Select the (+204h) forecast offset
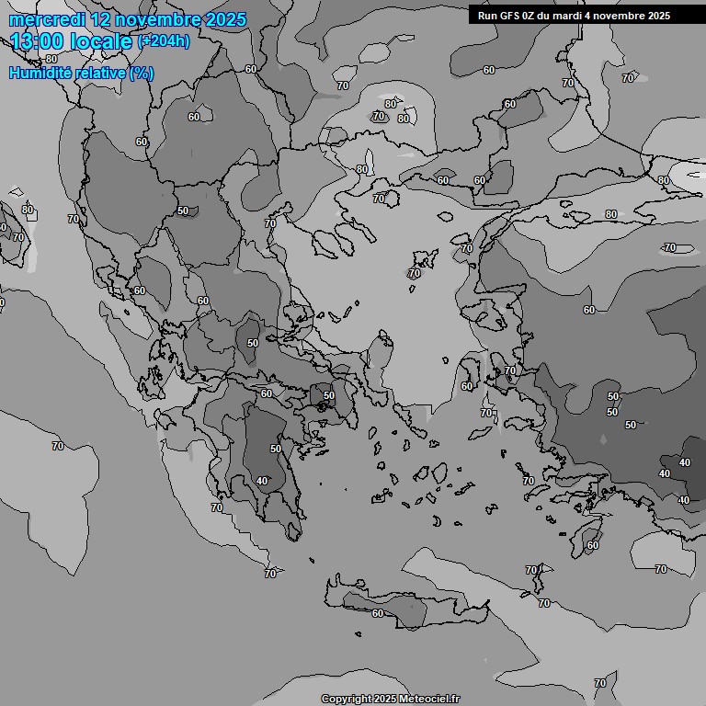[165, 41]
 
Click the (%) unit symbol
[142, 73]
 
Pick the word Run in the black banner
[487, 16]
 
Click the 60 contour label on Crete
[377, 613]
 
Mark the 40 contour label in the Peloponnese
[262, 481]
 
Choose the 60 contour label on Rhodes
[593, 545]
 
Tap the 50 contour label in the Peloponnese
[276, 449]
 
